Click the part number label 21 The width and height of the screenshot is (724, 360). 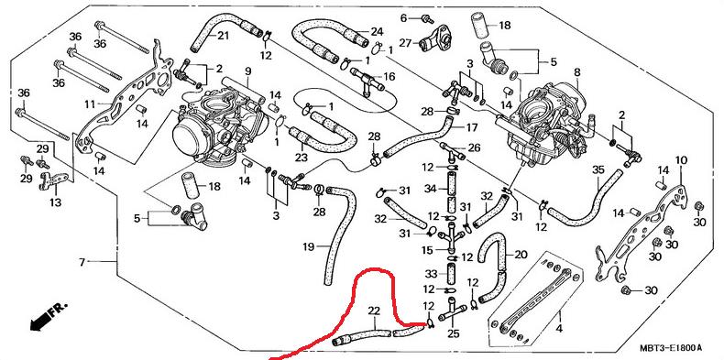[x=223, y=36]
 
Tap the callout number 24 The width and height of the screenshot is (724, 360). [x=377, y=32]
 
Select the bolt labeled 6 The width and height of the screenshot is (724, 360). [x=428, y=19]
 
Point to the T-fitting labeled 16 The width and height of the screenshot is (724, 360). [x=367, y=82]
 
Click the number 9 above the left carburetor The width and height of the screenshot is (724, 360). [x=248, y=71]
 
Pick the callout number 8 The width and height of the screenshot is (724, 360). [x=576, y=72]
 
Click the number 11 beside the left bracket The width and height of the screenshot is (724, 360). [x=90, y=104]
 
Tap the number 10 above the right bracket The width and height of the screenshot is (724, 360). [x=681, y=160]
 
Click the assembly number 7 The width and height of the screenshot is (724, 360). [x=82, y=262]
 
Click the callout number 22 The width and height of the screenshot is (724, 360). [x=374, y=311]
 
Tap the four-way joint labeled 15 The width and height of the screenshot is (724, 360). [x=451, y=235]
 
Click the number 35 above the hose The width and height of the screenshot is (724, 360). [x=598, y=169]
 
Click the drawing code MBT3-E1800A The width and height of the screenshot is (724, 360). [x=671, y=347]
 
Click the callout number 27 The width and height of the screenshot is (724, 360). [x=405, y=43]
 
